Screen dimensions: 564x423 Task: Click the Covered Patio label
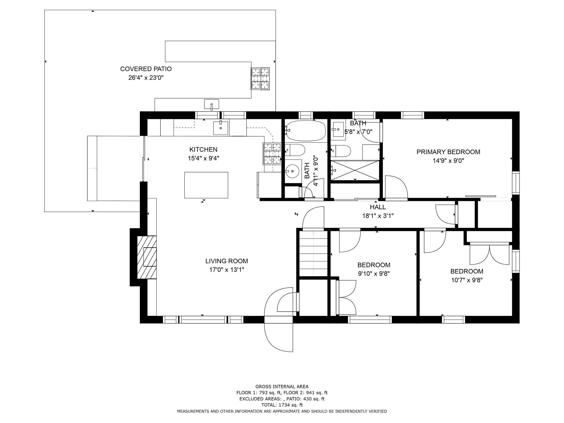(x=146, y=69)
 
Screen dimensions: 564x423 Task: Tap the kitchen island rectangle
(x=206, y=185)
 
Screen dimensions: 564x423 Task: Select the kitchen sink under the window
(x=221, y=127)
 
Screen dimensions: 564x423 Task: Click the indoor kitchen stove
(x=272, y=154)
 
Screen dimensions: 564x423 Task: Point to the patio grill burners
(x=260, y=78)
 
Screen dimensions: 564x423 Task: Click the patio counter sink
(x=212, y=104)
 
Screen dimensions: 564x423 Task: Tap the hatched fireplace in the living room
(x=147, y=257)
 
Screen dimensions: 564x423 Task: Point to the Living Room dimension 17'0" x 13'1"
(x=226, y=270)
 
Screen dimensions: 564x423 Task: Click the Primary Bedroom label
(x=448, y=152)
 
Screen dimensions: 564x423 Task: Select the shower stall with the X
(x=355, y=170)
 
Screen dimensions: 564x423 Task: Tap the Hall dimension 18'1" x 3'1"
(x=378, y=216)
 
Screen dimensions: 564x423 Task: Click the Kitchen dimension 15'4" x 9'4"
(x=204, y=158)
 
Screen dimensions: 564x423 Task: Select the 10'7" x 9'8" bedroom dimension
(x=467, y=280)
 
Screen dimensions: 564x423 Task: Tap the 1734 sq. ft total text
(x=282, y=405)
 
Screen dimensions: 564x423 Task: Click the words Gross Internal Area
(x=282, y=387)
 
